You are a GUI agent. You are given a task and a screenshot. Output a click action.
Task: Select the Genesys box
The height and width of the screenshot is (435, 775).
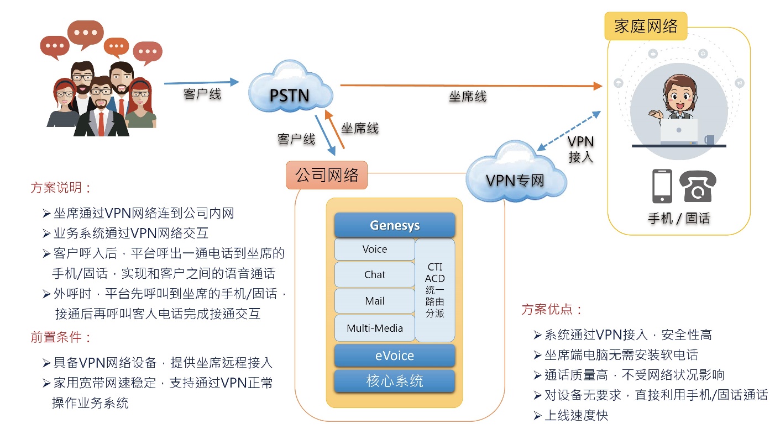click(x=395, y=225)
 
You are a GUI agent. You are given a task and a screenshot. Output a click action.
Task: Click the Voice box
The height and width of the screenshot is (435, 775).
click(x=375, y=250)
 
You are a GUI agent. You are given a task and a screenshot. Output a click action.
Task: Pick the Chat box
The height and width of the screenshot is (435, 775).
click(x=375, y=275)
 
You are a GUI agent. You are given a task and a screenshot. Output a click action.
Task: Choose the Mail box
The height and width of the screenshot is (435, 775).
click(x=375, y=301)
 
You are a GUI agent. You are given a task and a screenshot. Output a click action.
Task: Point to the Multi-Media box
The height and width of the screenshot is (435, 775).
click(x=375, y=328)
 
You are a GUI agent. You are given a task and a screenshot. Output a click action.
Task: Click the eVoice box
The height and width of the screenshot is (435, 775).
click(x=395, y=356)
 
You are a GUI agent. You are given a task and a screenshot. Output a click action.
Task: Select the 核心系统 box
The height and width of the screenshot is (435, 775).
click(x=395, y=381)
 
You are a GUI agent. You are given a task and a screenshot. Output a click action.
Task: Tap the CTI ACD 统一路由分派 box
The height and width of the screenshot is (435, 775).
click(x=435, y=290)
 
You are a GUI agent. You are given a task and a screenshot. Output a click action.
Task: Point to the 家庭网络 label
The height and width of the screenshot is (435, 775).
click(x=646, y=26)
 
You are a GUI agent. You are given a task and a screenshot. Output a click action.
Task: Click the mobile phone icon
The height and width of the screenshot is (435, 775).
click(x=662, y=187)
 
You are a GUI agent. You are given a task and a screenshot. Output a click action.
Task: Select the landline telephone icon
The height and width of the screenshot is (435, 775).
click(x=698, y=187)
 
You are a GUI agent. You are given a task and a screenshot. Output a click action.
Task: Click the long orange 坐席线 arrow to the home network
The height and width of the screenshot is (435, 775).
click(x=470, y=86)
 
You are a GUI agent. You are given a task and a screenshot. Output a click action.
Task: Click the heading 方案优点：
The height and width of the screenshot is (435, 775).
click(x=552, y=309)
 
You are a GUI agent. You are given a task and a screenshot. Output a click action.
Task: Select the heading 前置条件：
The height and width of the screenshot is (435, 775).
click(x=61, y=337)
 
